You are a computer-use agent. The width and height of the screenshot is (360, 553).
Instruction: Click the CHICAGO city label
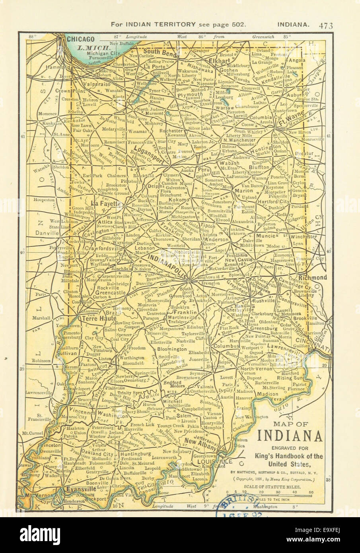click(x=80, y=39)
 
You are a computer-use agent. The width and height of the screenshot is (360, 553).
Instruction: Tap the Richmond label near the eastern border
click(x=313, y=277)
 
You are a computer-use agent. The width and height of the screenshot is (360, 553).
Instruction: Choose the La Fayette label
click(x=106, y=203)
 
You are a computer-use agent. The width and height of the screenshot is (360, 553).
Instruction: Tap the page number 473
click(x=325, y=25)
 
